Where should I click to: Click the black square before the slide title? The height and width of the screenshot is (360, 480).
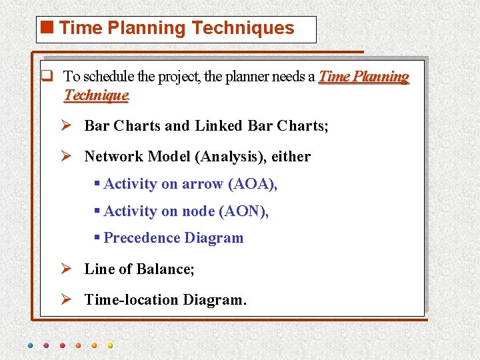48,28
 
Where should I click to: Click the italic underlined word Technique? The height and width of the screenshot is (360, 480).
95,95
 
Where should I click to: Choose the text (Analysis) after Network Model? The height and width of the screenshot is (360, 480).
231,157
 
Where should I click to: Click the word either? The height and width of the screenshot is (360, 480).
291,157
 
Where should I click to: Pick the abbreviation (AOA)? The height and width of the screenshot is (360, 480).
252,184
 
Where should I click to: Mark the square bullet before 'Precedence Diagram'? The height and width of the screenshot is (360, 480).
97,237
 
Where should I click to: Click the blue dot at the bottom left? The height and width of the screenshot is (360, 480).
31,345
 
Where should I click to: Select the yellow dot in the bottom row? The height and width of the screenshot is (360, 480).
110,345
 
